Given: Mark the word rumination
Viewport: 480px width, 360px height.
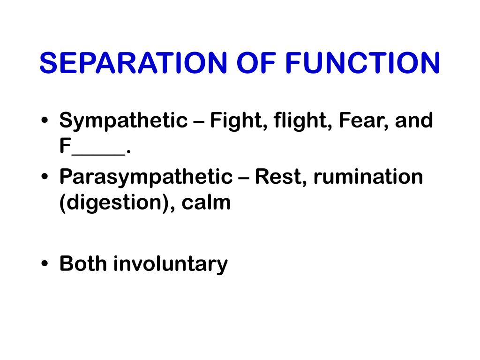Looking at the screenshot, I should (368, 177).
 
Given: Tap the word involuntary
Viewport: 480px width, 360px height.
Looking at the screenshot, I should (170, 263).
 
